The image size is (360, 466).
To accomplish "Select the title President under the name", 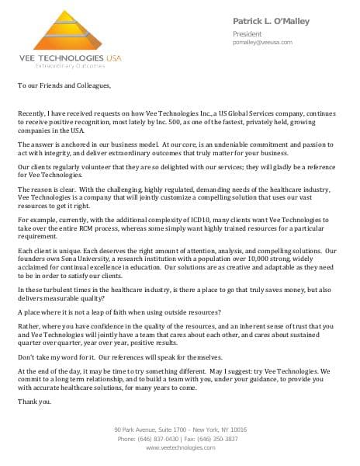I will pos(247,34).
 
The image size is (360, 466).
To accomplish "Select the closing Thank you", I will pos(34,402).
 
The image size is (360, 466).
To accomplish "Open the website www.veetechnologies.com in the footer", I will pos(180,447).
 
